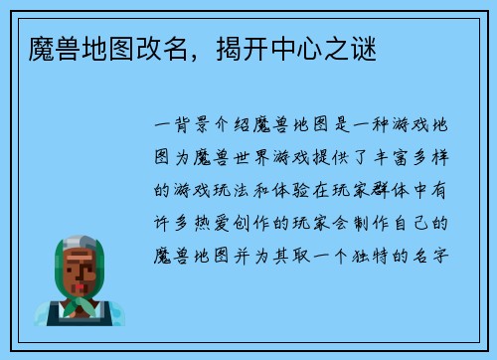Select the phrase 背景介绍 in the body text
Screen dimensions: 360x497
pos(206,126)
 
